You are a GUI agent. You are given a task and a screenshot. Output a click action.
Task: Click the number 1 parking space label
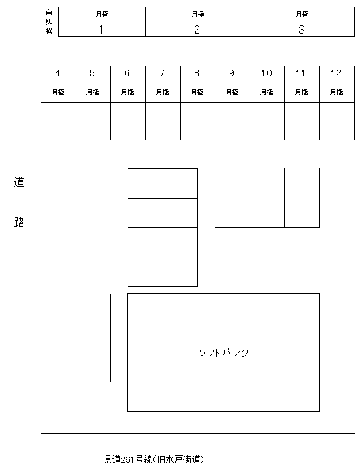point(101,29)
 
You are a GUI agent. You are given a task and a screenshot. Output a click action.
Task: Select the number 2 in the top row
point(197,29)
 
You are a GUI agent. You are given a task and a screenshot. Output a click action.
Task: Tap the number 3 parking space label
point(302,29)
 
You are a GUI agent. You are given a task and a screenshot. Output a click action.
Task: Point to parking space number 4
point(58,73)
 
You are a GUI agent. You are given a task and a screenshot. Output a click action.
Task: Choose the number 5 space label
point(92,73)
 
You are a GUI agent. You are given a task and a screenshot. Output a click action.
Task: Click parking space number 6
point(127,73)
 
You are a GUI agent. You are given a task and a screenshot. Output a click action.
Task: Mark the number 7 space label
point(162,73)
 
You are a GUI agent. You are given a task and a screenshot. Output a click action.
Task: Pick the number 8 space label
point(197,73)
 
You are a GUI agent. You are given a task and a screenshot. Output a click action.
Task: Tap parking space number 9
point(232,73)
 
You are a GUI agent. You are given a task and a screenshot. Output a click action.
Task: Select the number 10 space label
point(266,73)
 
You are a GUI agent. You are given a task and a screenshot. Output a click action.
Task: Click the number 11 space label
point(301,73)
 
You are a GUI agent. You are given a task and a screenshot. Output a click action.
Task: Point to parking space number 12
point(336,73)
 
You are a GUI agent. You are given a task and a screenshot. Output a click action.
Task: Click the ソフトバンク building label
point(223,352)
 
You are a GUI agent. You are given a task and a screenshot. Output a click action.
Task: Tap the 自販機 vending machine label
point(49,21)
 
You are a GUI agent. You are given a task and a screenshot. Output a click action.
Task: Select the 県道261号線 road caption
point(153,459)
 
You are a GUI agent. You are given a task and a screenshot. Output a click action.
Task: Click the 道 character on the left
point(19,183)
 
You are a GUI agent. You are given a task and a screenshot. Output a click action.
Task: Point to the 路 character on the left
point(19,223)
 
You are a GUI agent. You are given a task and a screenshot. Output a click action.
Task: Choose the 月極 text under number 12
point(336,92)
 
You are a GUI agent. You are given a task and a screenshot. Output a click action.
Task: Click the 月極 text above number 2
point(197,14)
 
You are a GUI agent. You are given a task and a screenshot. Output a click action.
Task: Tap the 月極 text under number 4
point(58,92)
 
